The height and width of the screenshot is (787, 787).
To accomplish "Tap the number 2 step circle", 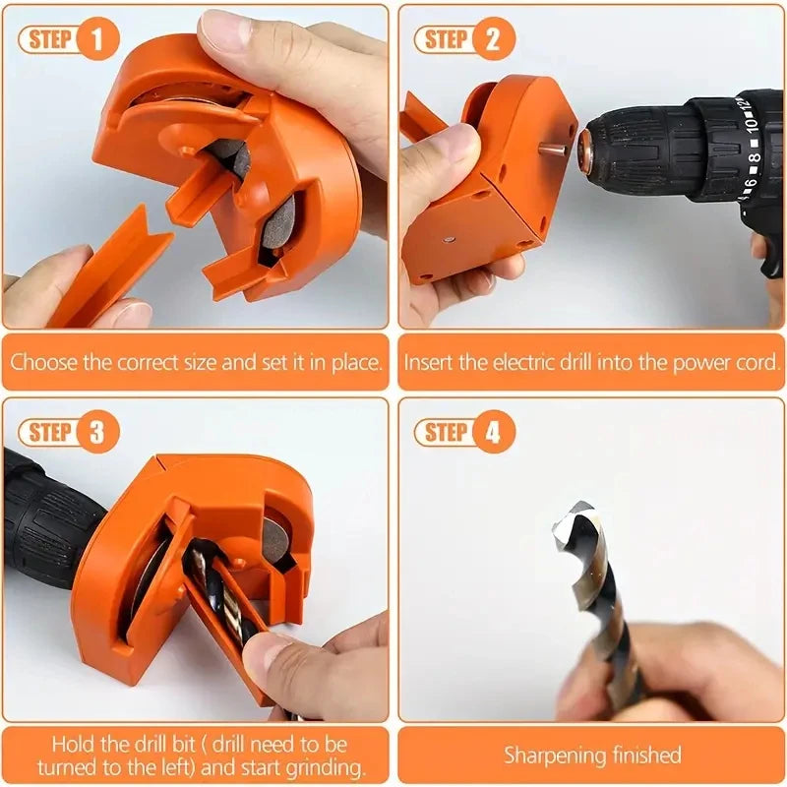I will click(493, 40).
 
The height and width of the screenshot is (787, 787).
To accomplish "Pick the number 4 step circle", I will click(493, 433).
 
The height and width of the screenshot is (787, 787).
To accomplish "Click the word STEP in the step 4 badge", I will click(445, 433).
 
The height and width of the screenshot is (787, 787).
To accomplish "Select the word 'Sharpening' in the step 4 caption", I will click(550, 756).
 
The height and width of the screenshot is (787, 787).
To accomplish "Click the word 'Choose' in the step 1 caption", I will click(43, 362).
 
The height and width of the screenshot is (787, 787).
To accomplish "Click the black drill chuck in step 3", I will click(49, 516).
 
